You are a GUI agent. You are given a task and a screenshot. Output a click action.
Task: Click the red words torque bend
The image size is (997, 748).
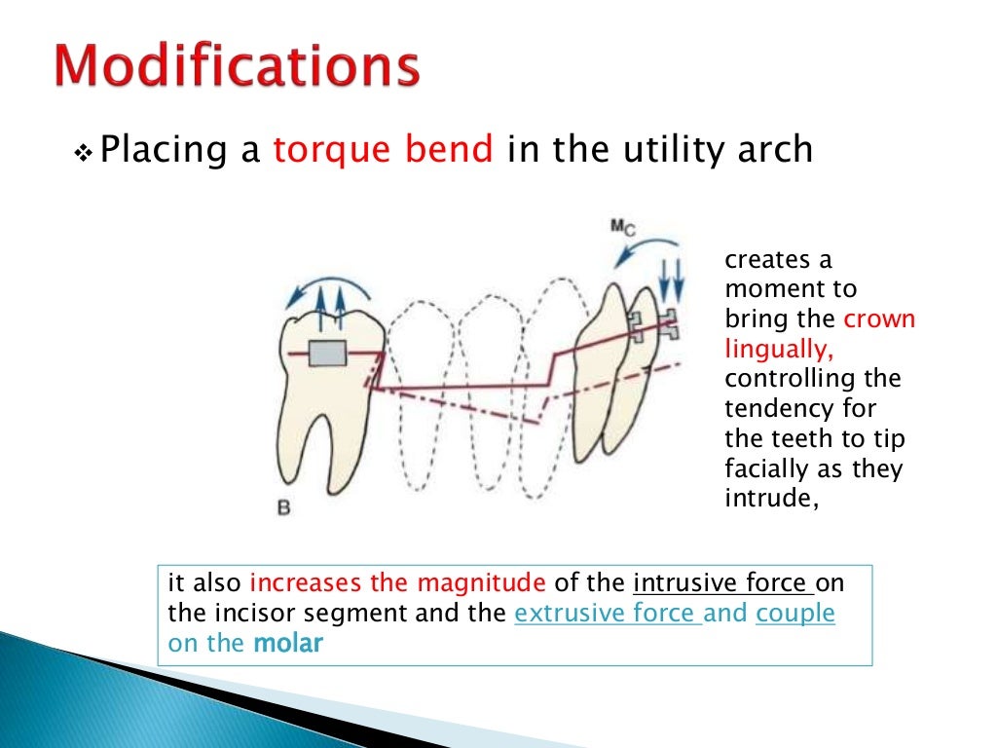point(383,150)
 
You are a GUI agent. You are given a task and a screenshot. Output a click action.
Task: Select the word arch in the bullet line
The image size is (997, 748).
point(774,150)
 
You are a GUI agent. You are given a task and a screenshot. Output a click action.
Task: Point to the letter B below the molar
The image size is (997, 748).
point(282,507)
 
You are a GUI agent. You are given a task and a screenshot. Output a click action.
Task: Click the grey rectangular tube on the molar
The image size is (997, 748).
point(328,355)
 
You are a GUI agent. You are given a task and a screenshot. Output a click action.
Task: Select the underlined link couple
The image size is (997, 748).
point(794,614)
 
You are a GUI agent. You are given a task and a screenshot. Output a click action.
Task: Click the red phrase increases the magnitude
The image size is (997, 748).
point(398,583)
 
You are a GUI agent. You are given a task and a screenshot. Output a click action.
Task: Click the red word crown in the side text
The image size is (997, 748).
point(879,319)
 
